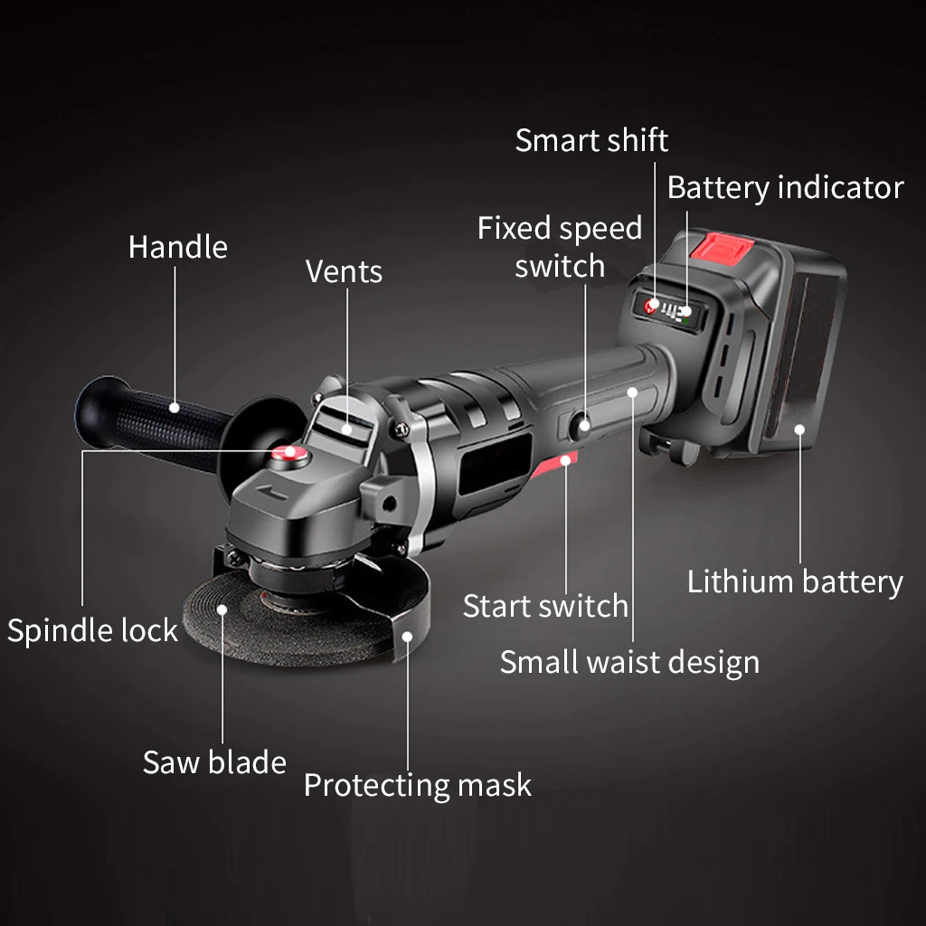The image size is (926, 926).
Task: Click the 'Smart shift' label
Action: [591, 141]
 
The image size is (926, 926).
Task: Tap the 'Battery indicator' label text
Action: [786, 188]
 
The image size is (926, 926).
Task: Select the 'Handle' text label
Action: [178, 247]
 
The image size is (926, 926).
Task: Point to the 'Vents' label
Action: [344, 271]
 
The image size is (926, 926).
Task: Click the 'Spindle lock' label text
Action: [93, 630]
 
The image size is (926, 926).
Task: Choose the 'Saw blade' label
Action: [214, 761]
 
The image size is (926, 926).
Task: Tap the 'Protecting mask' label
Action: [418, 786]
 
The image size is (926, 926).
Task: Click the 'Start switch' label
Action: [545, 607]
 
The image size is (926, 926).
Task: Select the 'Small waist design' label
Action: [629, 663]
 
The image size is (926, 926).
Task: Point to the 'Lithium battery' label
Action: [795, 582]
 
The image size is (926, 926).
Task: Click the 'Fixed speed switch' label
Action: [559, 247]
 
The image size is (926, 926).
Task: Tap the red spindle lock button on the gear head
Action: [289, 455]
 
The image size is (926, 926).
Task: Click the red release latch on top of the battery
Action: [722, 248]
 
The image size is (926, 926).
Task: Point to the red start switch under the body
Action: [554, 464]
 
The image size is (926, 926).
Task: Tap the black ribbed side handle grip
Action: [155, 421]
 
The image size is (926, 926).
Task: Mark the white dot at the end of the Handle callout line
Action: [175, 408]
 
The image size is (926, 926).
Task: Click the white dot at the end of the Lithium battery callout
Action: [799, 430]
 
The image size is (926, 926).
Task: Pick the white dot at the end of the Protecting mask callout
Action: [408, 637]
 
